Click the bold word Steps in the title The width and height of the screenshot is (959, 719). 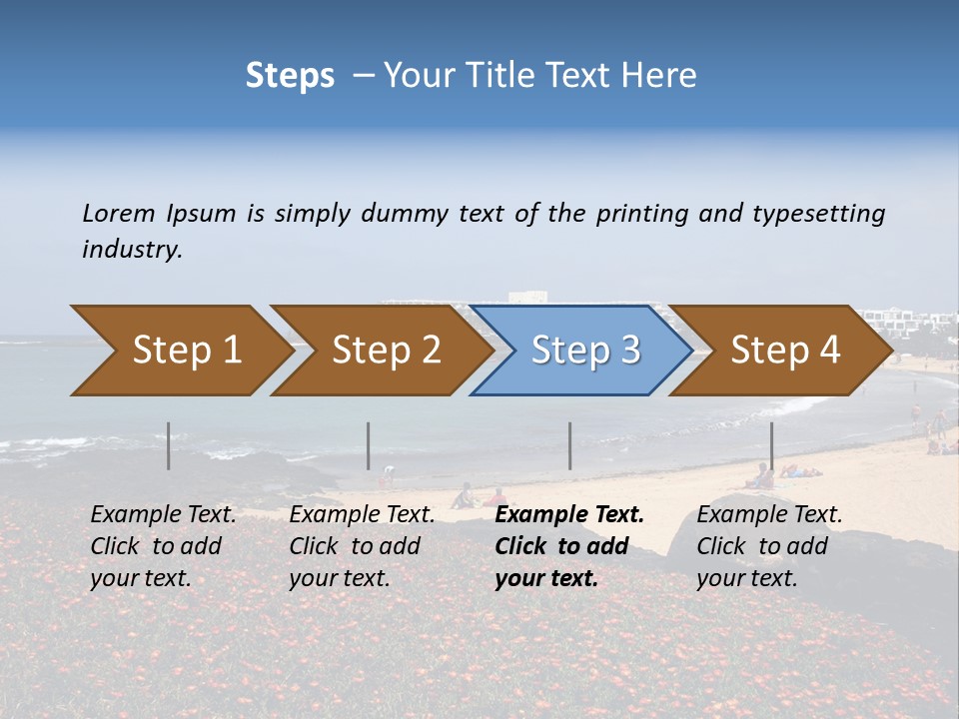click(x=290, y=76)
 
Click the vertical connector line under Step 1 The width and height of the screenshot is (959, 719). click(x=169, y=445)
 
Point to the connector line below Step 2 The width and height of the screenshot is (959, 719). click(x=369, y=445)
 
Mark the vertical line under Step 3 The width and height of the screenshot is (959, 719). click(x=569, y=445)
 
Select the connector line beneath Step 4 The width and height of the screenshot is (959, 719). click(x=771, y=445)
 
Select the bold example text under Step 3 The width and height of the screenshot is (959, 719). click(x=568, y=546)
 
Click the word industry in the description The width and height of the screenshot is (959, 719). click(x=132, y=249)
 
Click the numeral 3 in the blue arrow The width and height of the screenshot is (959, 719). click(x=629, y=350)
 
